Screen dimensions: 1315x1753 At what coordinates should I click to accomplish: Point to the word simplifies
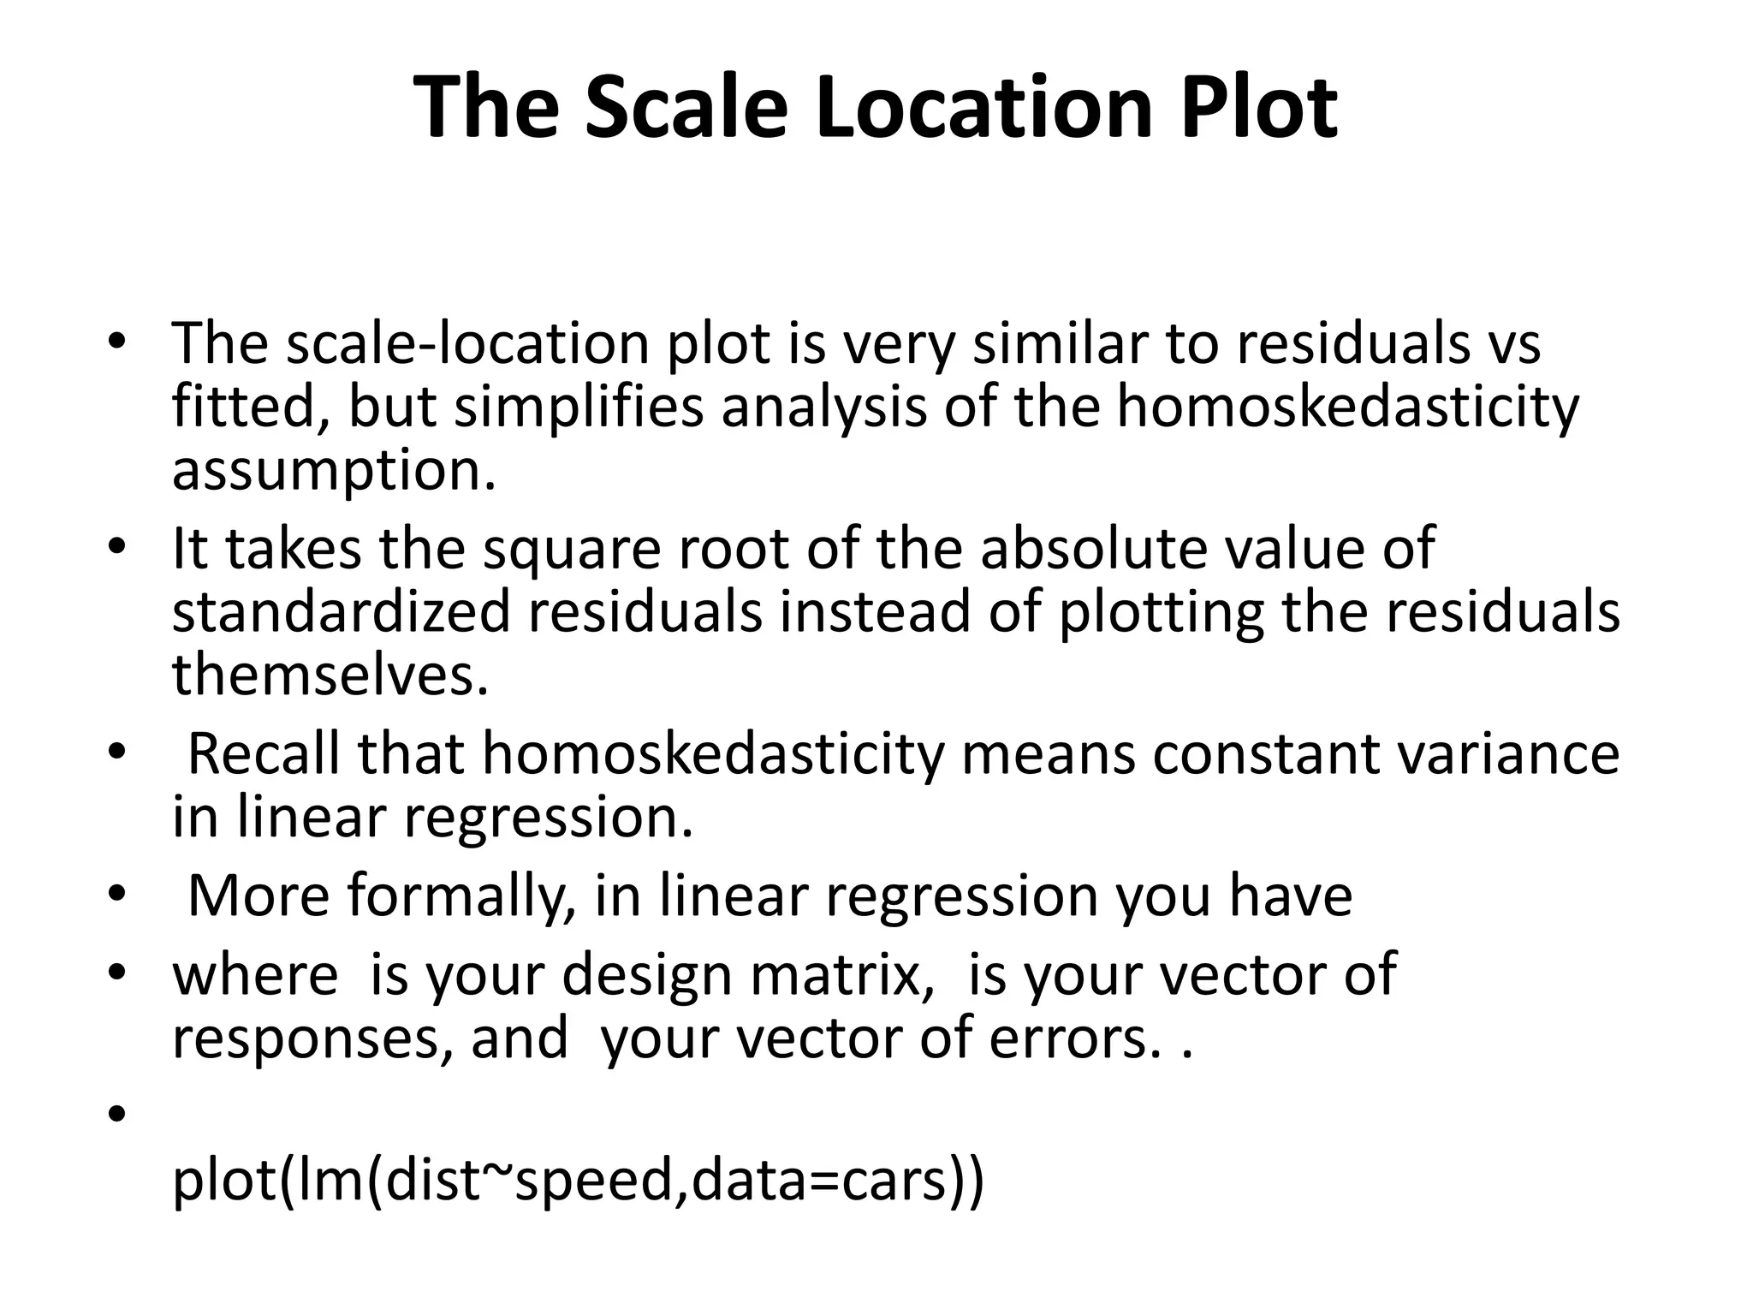pyautogui.click(x=579, y=408)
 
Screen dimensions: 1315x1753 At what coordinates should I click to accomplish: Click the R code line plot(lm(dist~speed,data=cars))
pyautogui.click(x=579, y=1181)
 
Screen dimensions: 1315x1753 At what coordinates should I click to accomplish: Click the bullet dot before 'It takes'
pyautogui.click(x=117, y=547)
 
